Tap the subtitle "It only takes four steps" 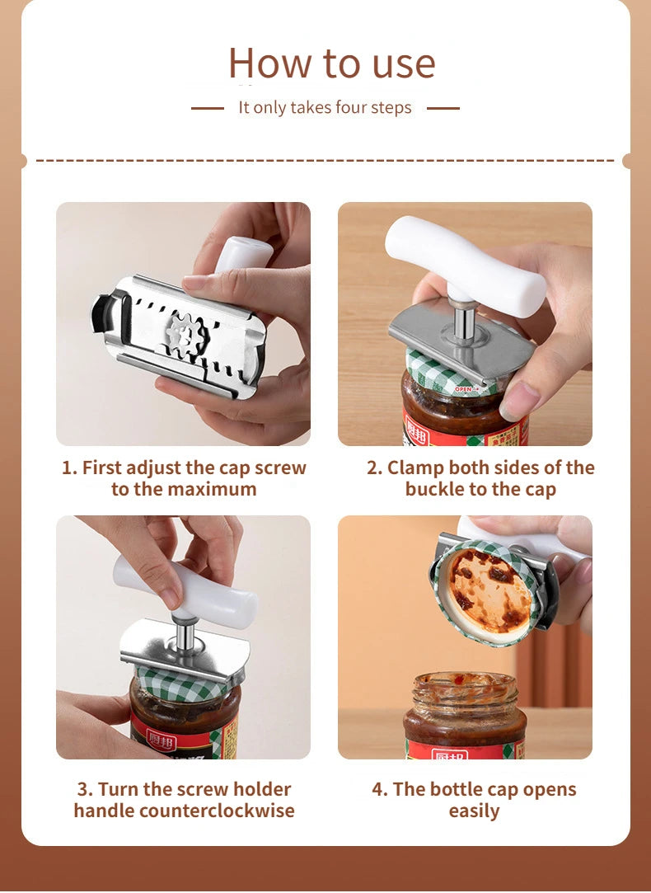[325, 108]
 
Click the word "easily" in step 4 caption [474, 811]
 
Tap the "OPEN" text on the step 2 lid [463, 388]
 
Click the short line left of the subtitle [207, 108]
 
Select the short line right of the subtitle [443, 108]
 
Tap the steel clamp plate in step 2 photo [461, 346]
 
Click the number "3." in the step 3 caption [85, 789]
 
